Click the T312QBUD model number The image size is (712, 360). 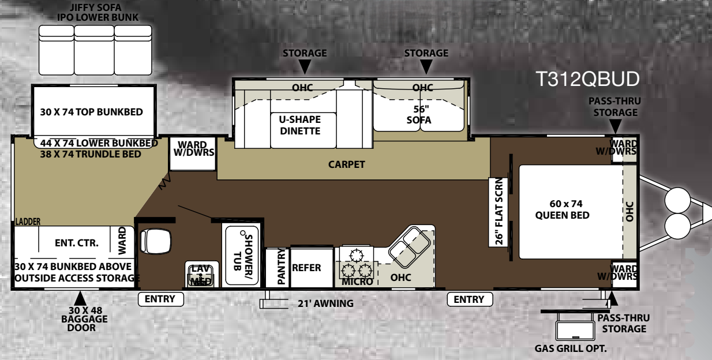587,79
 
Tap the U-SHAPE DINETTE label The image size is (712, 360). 300,125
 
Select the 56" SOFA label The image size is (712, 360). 419,114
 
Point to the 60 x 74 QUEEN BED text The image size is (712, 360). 563,209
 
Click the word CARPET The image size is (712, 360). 346,164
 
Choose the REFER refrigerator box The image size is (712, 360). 312,267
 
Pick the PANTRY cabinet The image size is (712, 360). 277,268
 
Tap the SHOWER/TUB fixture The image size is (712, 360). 242,256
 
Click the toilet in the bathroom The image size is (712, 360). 155,242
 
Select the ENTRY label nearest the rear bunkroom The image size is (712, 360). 160,299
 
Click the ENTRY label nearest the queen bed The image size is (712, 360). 470,299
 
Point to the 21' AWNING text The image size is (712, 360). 325,303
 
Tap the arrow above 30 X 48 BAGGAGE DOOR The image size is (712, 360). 80,299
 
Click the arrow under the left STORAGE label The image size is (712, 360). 305,67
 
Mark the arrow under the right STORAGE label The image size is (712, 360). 426,67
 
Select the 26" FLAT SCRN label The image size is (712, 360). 499,212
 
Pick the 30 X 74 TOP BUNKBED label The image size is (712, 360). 92,112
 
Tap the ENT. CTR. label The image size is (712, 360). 77,243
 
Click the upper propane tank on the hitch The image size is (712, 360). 678,200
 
